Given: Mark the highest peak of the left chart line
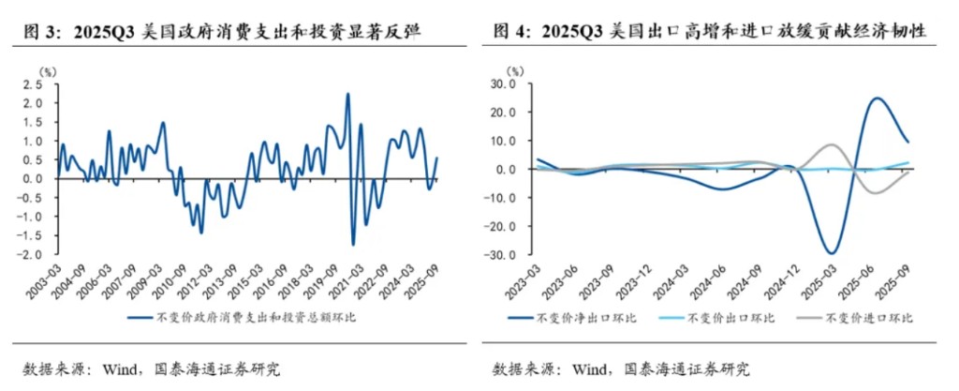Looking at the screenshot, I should coord(347,94).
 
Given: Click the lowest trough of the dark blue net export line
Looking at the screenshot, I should coord(830,253).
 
